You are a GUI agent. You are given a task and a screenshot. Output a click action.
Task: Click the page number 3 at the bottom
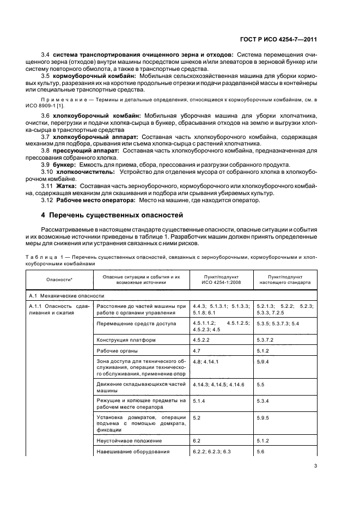(315, 465)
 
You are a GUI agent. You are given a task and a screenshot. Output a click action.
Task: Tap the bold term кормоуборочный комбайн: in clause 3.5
(83, 76)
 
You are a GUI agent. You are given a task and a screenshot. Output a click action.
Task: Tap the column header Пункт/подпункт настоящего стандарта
(285, 280)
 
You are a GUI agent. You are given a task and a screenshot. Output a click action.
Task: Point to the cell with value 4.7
(197, 351)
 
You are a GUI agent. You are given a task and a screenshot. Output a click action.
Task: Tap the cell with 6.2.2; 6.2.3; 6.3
(212, 451)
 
